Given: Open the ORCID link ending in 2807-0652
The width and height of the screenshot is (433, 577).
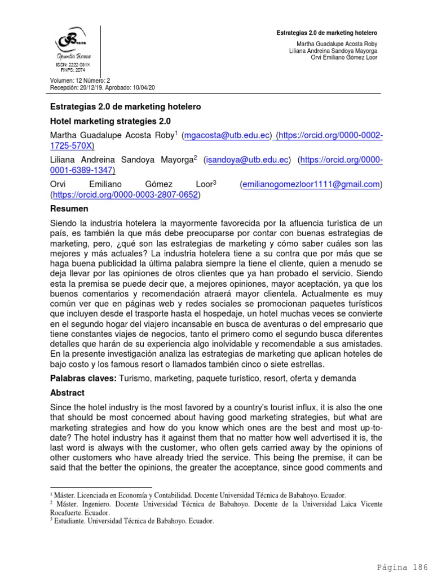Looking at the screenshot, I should click(125, 195).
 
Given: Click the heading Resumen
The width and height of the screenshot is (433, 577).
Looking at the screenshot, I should click(69, 209).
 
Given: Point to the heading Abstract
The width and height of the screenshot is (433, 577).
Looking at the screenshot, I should click(67, 393).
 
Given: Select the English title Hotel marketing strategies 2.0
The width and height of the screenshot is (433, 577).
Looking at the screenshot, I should click(111, 121).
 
